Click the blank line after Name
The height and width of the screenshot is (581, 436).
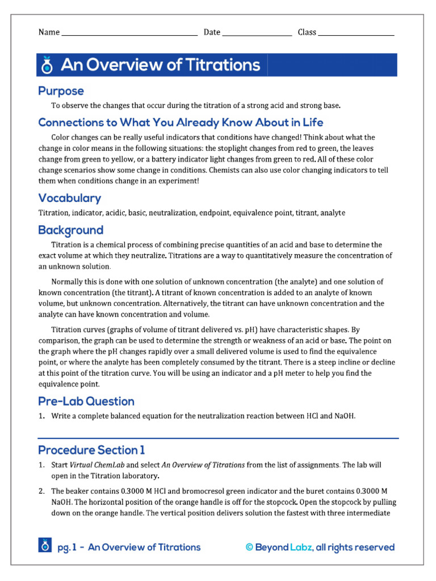[x=129, y=33]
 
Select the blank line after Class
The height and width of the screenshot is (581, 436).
[x=356, y=33]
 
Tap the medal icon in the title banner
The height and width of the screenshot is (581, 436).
[x=47, y=66]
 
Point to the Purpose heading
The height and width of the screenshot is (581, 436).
[x=61, y=91]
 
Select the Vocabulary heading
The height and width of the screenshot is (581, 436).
[x=69, y=198]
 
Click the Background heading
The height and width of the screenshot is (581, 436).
[x=70, y=230]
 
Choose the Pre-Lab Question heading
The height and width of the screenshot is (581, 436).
[x=86, y=401]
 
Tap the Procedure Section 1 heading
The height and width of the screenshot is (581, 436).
[x=91, y=450]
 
